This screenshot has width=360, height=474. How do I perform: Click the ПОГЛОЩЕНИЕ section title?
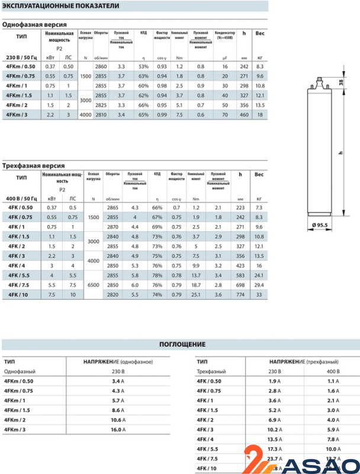click(182, 344)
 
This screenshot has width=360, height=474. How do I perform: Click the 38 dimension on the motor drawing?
click(340, 83)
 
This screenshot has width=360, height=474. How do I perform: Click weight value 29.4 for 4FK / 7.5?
click(259, 284)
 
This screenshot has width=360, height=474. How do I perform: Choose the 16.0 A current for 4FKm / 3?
click(121, 429)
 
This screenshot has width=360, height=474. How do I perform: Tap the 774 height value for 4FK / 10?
click(240, 294)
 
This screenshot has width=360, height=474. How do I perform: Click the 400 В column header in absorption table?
click(332, 371)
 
